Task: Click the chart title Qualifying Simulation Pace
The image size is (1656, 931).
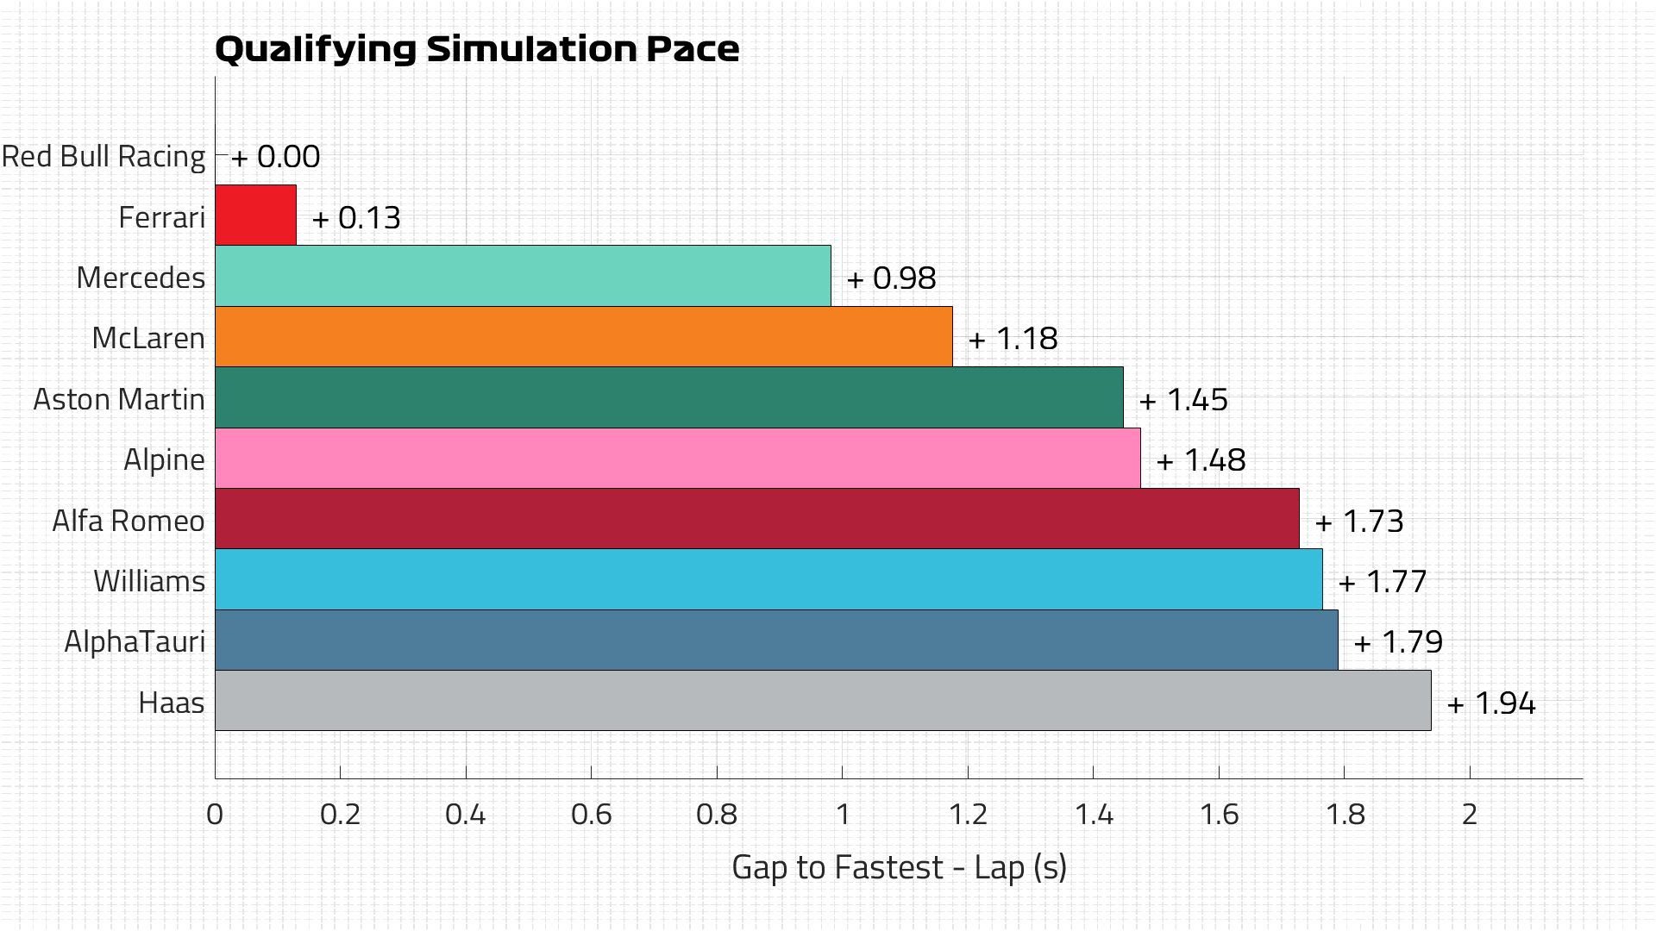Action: pyautogui.click(x=476, y=49)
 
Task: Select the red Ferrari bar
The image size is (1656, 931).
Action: pyautogui.click(x=255, y=215)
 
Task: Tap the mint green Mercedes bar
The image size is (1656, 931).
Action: pyautogui.click(x=523, y=276)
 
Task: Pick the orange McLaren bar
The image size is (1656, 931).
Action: pyautogui.click(x=583, y=336)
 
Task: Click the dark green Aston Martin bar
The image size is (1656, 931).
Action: pyautogui.click(x=668, y=397)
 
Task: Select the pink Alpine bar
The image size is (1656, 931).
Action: pyautogui.click(x=677, y=458)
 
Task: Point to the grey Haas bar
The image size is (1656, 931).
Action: pyautogui.click(x=823, y=701)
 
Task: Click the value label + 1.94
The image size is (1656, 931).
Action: pyautogui.click(x=1491, y=703)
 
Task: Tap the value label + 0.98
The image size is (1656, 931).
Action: pyautogui.click(x=891, y=278)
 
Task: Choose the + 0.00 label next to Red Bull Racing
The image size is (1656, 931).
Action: pyautogui.click(x=275, y=157)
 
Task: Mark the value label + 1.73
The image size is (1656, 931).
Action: pyautogui.click(x=1359, y=522)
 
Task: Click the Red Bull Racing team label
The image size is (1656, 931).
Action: pyautogui.click(x=103, y=157)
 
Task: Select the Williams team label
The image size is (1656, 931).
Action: pyautogui.click(x=149, y=581)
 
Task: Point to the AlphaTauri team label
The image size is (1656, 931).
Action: pyautogui.click(x=135, y=642)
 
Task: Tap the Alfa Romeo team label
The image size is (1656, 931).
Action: pyautogui.click(x=129, y=521)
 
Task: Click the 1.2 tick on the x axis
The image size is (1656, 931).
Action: pyautogui.click(x=968, y=815)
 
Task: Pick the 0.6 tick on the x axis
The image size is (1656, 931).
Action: pyautogui.click(x=591, y=815)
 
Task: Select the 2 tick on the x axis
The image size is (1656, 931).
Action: pyautogui.click(x=1470, y=815)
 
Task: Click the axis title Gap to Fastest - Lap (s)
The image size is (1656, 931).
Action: pyautogui.click(x=899, y=867)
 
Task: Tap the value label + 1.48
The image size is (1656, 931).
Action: pyautogui.click(x=1201, y=460)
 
